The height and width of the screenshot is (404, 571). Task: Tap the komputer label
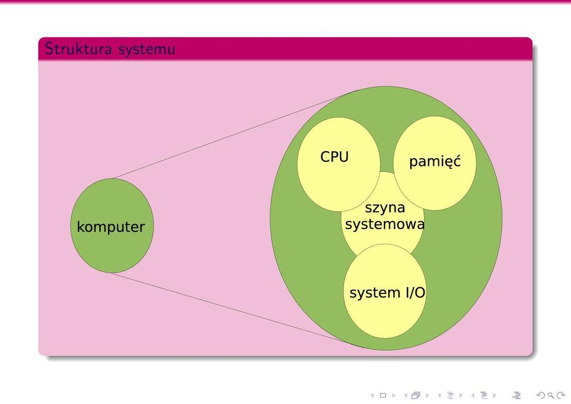(x=111, y=227)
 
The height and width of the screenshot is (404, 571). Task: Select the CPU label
(x=334, y=157)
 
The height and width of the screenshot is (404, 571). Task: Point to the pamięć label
(x=435, y=161)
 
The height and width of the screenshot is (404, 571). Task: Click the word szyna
(x=385, y=208)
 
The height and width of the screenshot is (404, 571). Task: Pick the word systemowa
(x=385, y=224)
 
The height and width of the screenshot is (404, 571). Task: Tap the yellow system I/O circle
(x=385, y=317)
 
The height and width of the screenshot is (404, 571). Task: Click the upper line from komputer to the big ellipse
(x=235, y=134)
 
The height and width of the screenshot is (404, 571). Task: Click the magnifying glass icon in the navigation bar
(x=551, y=395)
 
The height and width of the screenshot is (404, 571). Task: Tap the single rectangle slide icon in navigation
(x=383, y=395)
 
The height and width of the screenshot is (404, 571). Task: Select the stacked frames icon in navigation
(x=416, y=395)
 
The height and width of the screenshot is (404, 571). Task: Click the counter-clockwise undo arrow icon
(x=541, y=395)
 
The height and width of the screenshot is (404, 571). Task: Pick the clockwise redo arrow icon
(x=560, y=395)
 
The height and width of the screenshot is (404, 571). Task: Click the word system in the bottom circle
(x=375, y=293)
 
